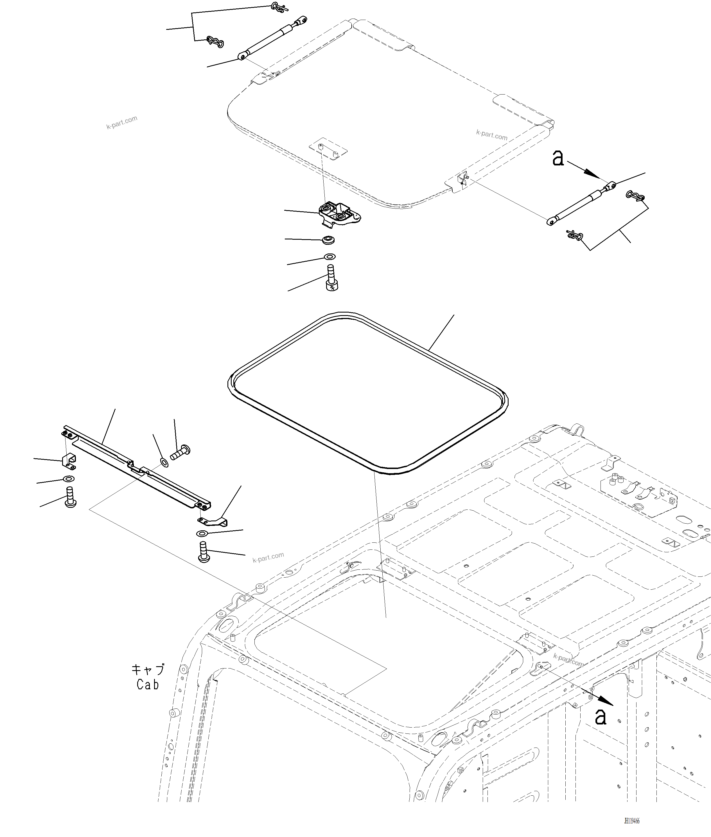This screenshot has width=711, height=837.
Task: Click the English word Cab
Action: point(148,685)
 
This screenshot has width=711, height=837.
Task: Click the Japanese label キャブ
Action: point(148,670)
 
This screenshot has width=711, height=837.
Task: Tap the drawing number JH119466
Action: point(632,821)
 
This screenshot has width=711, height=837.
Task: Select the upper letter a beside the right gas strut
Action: point(558,158)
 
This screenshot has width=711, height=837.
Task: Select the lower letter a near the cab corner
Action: point(601,717)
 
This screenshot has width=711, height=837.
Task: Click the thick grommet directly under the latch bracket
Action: point(328,240)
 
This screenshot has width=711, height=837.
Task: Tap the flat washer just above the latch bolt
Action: point(329,257)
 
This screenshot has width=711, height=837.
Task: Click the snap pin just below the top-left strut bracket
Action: point(215,41)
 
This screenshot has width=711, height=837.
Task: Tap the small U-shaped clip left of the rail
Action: point(69,461)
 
